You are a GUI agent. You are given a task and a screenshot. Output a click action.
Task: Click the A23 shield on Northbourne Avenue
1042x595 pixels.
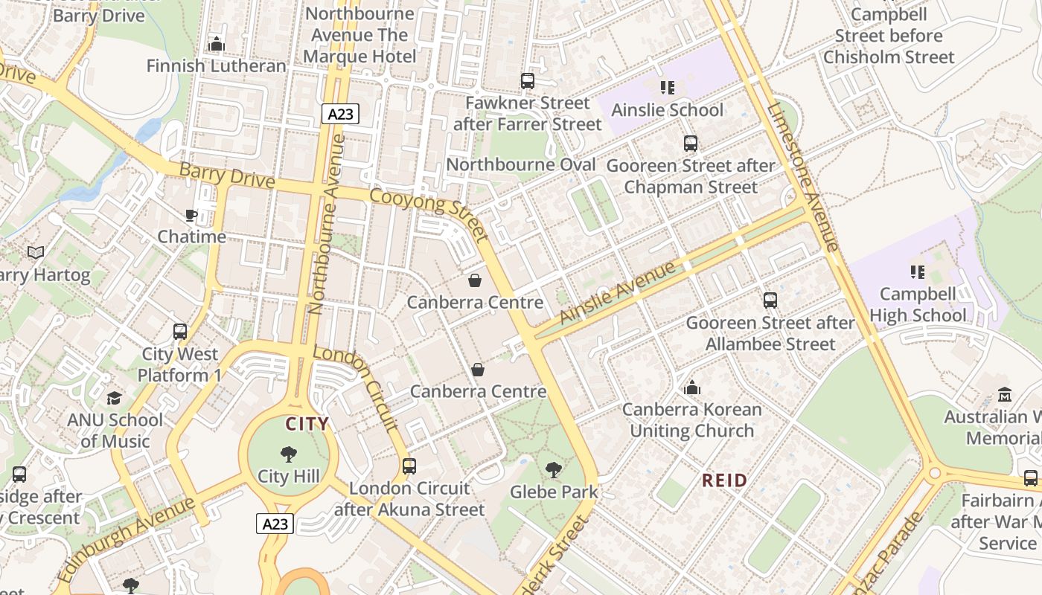click(x=341, y=114)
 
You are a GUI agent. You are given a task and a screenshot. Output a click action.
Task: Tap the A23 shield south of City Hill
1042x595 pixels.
click(x=275, y=524)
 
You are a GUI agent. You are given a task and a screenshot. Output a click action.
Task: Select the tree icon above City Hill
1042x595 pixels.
click(x=289, y=454)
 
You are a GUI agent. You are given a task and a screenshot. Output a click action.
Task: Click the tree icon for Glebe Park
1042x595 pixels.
click(x=553, y=470)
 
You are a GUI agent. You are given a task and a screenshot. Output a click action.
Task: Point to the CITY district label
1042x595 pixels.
click(x=307, y=425)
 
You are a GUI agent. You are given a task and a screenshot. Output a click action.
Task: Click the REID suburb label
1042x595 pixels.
click(x=724, y=480)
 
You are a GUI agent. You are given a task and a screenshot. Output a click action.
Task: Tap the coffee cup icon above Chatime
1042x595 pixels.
click(x=191, y=216)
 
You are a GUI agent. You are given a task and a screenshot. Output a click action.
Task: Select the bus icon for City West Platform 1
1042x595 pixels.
click(x=179, y=332)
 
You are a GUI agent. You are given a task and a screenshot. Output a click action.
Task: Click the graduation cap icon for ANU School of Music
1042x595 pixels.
click(x=114, y=398)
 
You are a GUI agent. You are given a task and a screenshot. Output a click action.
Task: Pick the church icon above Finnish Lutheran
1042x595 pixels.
click(x=217, y=45)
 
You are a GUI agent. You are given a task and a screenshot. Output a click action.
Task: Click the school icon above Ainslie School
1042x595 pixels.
click(x=667, y=88)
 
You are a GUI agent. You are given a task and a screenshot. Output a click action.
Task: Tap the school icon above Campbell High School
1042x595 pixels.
click(x=917, y=272)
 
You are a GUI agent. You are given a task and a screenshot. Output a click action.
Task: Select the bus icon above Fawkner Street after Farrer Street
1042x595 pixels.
click(x=528, y=81)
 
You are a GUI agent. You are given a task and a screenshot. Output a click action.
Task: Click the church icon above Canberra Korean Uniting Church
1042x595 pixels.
click(x=692, y=387)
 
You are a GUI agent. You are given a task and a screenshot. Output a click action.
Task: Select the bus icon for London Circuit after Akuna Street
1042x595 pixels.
click(x=409, y=466)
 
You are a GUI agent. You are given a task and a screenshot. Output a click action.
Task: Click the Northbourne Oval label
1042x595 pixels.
click(x=521, y=165)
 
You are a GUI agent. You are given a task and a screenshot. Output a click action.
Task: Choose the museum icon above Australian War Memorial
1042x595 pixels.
click(x=1005, y=395)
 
